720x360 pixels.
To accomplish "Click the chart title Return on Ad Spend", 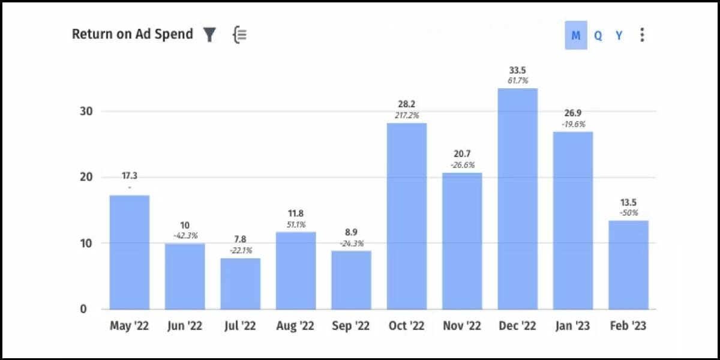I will (132, 34).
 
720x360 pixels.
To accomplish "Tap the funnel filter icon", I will (209, 35).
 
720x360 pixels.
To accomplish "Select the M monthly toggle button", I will (576, 35).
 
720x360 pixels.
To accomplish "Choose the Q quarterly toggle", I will (598, 35).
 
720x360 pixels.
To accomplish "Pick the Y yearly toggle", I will (619, 35).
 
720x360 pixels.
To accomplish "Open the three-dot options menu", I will (642, 35).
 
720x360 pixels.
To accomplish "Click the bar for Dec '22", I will (518, 198).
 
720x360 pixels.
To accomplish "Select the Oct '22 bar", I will (407, 216).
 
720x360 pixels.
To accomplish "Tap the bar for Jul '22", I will (241, 283).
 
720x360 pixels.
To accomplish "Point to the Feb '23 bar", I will (629, 265).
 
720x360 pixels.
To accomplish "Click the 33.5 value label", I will (518, 70).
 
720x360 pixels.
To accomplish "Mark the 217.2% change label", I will (407, 115).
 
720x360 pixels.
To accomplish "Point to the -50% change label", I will (629, 212).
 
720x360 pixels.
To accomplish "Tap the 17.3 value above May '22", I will (129, 176).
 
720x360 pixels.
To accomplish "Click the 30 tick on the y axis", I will (89, 112).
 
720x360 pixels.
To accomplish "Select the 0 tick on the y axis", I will (84, 309).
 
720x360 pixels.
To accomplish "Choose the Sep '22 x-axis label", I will (351, 326).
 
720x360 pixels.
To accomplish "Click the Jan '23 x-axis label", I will (573, 326).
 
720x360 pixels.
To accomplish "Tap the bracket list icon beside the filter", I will (239, 35).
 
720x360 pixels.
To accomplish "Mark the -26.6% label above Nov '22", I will (462, 164).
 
